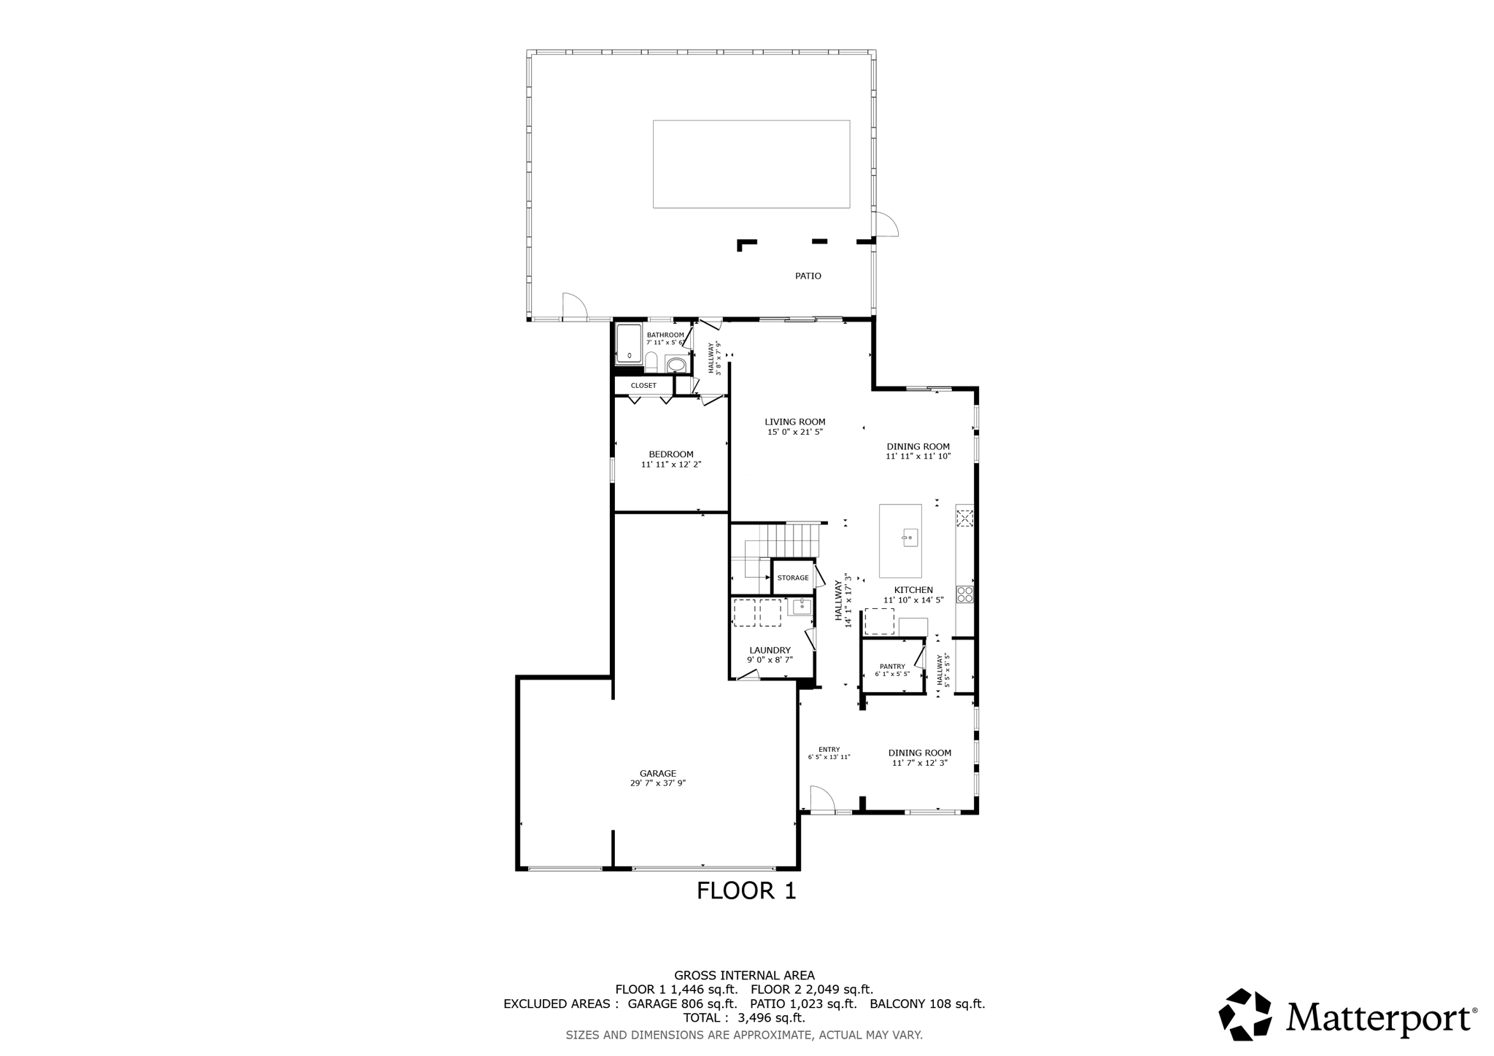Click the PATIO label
coord(808,276)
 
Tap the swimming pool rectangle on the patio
coord(751,164)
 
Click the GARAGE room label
coord(658,774)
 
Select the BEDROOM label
coord(671,454)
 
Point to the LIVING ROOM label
coord(794,422)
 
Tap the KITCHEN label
coord(913,590)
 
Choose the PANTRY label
coord(892,666)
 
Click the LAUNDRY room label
coord(770,650)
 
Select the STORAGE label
coord(793,578)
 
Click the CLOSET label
coord(643,385)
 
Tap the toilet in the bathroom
coord(651,361)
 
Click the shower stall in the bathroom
coord(629,343)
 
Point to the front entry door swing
coord(821,799)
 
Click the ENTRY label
coord(829,749)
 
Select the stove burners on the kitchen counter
coord(964,594)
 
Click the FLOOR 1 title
coord(746,890)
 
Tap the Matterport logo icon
coord(1246,1014)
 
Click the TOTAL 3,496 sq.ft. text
coord(743,1017)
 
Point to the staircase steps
coord(794,540)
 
